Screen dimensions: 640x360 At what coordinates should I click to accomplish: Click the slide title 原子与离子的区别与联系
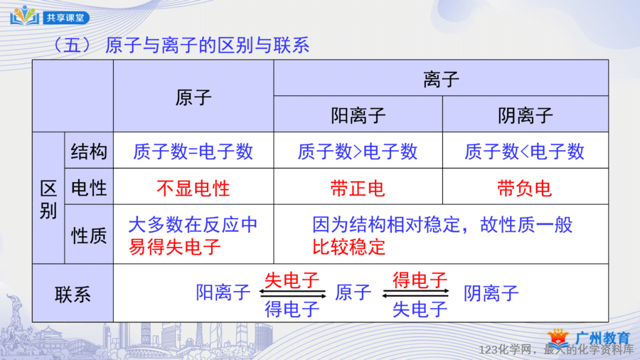tap(207, 45)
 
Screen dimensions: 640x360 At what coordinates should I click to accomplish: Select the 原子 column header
tap(193, 97)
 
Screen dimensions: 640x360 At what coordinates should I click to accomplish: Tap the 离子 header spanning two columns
tap(441, 79)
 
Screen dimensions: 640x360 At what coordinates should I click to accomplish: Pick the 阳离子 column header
tap(358, 115)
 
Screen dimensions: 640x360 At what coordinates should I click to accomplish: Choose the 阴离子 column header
tap(526, 115)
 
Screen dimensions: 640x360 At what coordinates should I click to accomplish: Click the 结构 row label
tap(89, 152)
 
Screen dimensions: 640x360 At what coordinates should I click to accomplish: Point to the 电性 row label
tap(89, 188)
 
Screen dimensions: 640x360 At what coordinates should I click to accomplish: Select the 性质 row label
tap(89, 235)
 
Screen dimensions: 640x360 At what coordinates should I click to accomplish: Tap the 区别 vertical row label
tap(48, 200)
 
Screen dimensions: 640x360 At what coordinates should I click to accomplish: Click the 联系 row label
tap(73, 295)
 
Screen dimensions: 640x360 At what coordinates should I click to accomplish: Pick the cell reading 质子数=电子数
tap(193, 152)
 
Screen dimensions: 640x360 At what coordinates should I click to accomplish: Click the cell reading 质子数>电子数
tap(358, 152)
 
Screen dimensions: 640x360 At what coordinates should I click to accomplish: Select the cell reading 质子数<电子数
tap(525, 152)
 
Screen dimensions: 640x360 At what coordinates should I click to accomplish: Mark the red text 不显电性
tap(193, 188)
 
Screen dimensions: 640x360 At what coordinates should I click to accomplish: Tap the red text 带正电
tap(358, 188)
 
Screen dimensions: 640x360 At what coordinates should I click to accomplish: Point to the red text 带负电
tap(525, 188)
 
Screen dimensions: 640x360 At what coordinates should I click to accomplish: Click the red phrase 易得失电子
tap(175, 247)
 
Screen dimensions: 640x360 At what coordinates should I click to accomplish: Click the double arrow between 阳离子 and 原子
tap(292, 293)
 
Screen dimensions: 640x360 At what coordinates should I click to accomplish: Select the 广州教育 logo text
tap(602, 338)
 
